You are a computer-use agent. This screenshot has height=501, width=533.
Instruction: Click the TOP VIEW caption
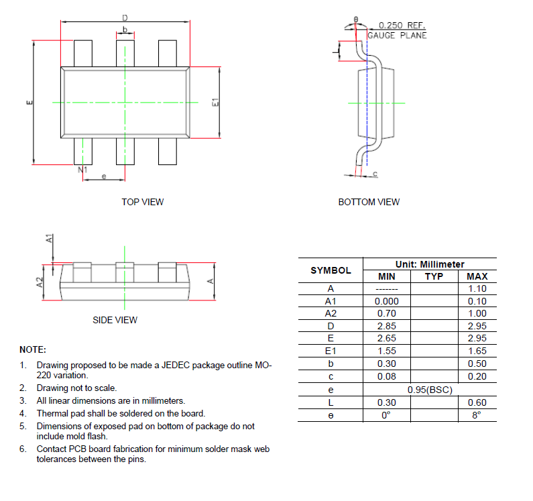pyautogui.click(x=142, y=202)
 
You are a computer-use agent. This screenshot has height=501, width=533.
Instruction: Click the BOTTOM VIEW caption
pyautogui.click(x=369, y=202)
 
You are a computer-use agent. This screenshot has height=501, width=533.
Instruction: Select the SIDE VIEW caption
pyautogui.click(x=115, y=320)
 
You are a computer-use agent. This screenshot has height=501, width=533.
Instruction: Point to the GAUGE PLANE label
pyautogui.click(x=397, y=36)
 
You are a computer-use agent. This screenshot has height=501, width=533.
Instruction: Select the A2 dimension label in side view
pyautogui.click(x=40, y=283)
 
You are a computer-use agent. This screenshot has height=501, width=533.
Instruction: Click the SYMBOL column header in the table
pyautogui.click(x=330, y=270)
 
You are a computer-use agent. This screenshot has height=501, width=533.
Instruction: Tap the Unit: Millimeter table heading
pyautogui.click(x=429, y=264)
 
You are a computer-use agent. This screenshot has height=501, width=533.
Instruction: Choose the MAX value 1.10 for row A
pyautogui.click(x=477, y=288)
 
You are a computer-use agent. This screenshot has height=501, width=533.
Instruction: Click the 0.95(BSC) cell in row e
pyautogui.click(x=429, y=389)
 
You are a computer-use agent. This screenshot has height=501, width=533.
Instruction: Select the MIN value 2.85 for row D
pyautogui.click(x=386, y=326)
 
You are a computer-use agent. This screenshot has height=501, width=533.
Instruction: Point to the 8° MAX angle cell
pyautogui.click(x=477, y=415)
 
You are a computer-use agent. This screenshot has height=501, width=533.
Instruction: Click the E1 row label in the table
pyautogui.click(x=330, y=351)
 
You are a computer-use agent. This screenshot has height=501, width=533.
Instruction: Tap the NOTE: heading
pyautogui.click(x=33, y=349)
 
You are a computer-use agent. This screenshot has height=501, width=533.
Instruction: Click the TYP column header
pyautogui.click(x=434, y=276)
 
